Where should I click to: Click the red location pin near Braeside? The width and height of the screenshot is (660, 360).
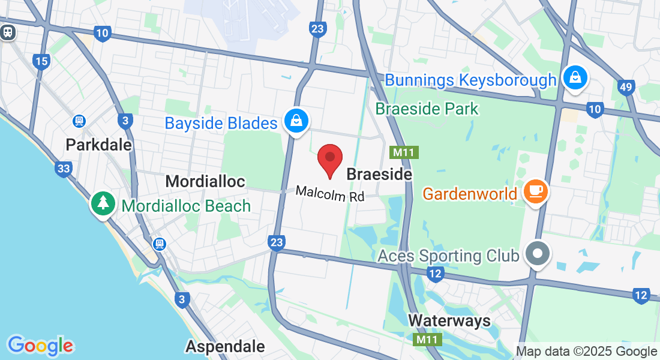[329, 160]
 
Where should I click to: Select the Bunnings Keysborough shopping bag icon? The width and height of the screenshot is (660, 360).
[575, 77]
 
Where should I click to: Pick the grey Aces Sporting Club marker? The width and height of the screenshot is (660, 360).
[538, 254]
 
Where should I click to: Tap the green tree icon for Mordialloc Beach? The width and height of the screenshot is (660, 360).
[103, 202]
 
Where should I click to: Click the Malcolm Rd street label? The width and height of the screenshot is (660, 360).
[330, 194]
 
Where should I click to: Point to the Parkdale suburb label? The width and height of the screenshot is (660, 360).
[99, 145]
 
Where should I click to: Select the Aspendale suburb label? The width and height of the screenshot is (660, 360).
[225, 346]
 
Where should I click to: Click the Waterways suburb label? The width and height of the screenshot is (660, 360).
[449, 320]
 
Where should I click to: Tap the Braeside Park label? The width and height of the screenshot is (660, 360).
[427, 109]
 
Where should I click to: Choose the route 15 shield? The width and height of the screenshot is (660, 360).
[41, 61]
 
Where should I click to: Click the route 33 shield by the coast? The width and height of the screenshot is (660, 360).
[63, 169]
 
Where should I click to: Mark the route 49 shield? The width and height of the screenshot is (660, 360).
[626, 88]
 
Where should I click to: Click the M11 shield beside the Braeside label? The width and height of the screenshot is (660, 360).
[403, 152]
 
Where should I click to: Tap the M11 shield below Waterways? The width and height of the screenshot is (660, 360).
[428, 340]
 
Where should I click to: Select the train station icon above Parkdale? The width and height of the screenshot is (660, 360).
[79, 121]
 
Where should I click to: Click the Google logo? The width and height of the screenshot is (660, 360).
[40, 345]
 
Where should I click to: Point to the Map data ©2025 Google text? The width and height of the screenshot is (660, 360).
[586, 352]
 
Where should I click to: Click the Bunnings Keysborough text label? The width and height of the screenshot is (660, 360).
[470, 80]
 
